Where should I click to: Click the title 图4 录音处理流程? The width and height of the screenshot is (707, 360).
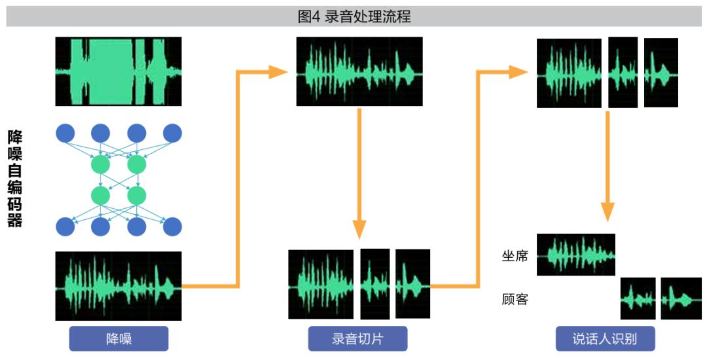pyautogui.click(x=354, y=16)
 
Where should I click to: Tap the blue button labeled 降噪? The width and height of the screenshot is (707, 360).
pyautogui.click(x=118, y=338)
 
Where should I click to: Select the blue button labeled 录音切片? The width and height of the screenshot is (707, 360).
pyautogui.click(x=357, y=338)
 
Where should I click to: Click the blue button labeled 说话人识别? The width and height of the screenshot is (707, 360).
pyautogui.click(x=605, y=338)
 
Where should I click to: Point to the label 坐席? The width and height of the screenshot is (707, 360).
pyautogui.click(x=515, y=257)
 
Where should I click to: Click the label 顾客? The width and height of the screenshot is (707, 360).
pyautogui.click(x=515, y=298)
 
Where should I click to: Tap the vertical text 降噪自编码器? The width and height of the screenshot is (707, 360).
pyautogui.click(x=15, y=179)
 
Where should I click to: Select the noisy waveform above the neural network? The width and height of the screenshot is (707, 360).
pyautogui.click(x=118, y=71)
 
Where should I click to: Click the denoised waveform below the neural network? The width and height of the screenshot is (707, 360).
pyautogui.click(x=118, y=286)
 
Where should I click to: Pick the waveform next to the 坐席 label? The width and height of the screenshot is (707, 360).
pyautogui.click(x=576, y=255)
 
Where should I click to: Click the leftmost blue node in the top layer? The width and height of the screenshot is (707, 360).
pyautogui.click(x=65, y=134)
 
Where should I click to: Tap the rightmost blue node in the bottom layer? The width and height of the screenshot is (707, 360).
pyautogui.click(x=172, y=226)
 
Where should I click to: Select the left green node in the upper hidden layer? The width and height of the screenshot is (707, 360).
pyautogui.click(x=101, y=165)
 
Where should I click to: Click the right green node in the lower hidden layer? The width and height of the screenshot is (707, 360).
pyautogui.click(x=137, y=196)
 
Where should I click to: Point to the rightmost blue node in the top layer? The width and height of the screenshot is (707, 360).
pyautogui.click(x=172, y=134)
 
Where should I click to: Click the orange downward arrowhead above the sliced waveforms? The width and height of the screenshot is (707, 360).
pyautogui.click(x=359, y=229)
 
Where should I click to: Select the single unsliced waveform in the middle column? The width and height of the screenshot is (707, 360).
pyautogui.click(x=359, y=71)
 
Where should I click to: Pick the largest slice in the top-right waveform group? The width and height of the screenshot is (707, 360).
pyautogui.click(x=569, y=73)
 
